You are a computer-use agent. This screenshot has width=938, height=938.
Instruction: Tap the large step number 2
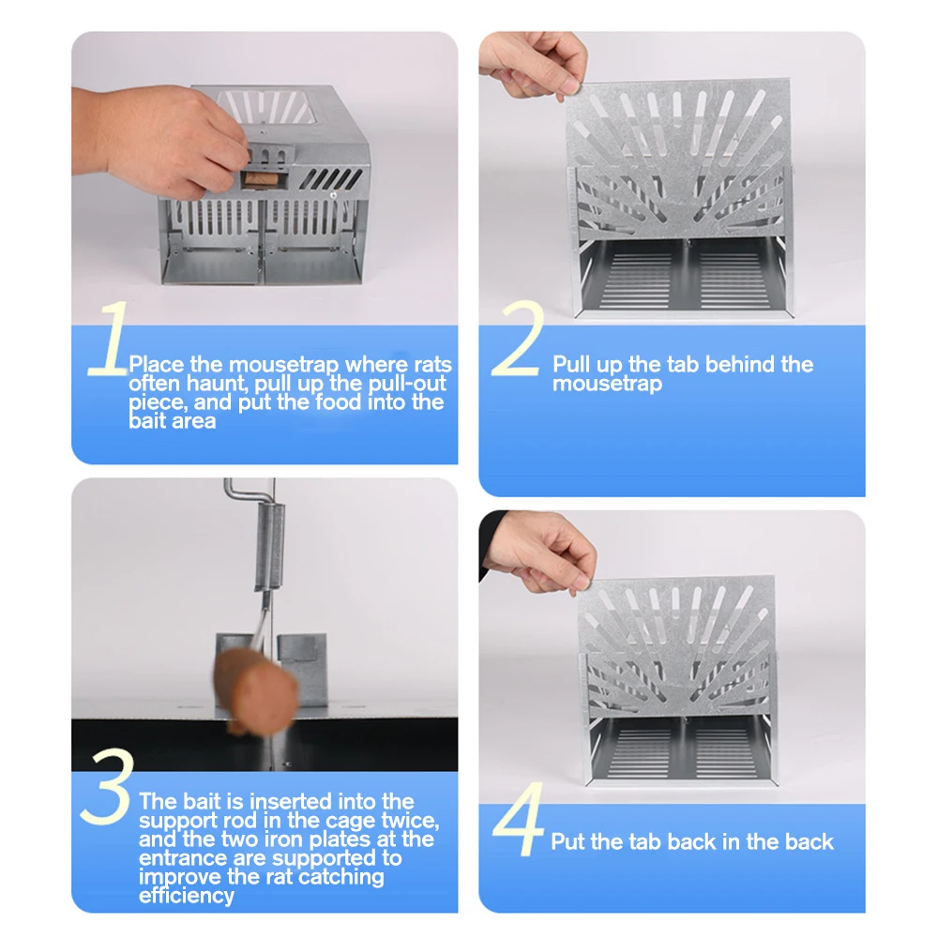tap(518, 339)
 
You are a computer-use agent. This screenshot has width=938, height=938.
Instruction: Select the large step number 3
tap(106, 786)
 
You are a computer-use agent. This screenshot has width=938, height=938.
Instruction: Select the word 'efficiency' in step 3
tap(187, 896)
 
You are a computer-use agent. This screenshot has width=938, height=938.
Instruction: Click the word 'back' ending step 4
tap(809, 842)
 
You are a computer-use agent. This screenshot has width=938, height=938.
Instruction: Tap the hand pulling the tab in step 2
tap(535, 64)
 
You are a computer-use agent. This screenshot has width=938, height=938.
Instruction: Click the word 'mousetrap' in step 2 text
tap(607, 384)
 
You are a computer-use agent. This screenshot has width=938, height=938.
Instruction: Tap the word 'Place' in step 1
tap(156, 364)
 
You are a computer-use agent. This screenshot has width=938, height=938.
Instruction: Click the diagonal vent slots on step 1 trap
tap(331, 178)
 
